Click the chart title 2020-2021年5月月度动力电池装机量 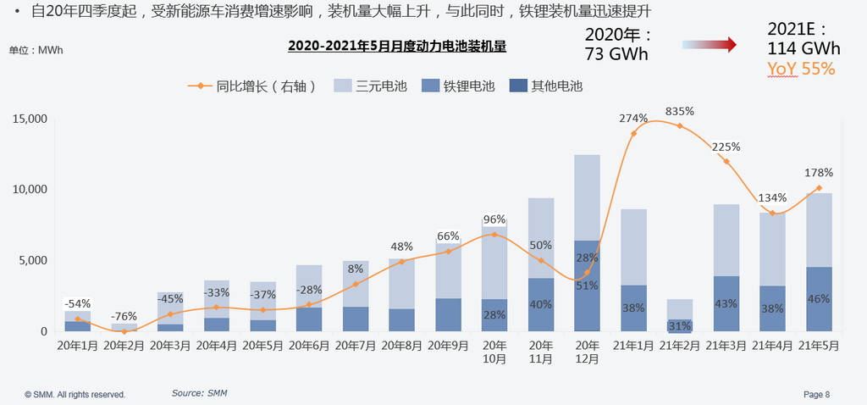[x=396, y=46]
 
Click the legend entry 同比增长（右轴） [x=255, y=86]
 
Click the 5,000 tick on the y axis [x=32, y=260]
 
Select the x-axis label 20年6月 [x=309, y=345]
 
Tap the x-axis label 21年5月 [x=819, y=345]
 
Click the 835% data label [x=679, y=111]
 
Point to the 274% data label [x=633, y=119]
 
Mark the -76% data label [x=124, y=316]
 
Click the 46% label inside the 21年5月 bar [x=818, y=299]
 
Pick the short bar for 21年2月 [x=679, y=314]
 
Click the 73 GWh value [x=616, y=54]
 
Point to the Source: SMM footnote [x=199, y=393]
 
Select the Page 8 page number [x=816, y=394]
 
